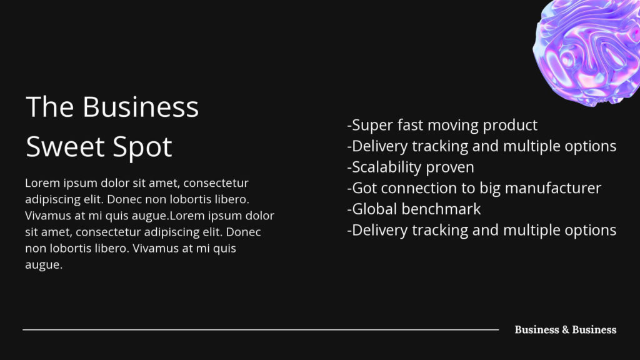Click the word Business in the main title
(141, 107)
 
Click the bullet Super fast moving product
(442, 125)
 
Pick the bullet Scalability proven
(411, 167)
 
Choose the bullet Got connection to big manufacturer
(474, 188)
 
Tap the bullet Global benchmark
(414, 209)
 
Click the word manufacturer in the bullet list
(553, 188)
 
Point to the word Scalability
(386, 167)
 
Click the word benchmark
(441, 209)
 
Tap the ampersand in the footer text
(565, 330)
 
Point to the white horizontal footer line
(261, 329)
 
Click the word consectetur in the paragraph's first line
(216, 183)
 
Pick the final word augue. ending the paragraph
(44, 265)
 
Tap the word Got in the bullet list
(364, 188)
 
